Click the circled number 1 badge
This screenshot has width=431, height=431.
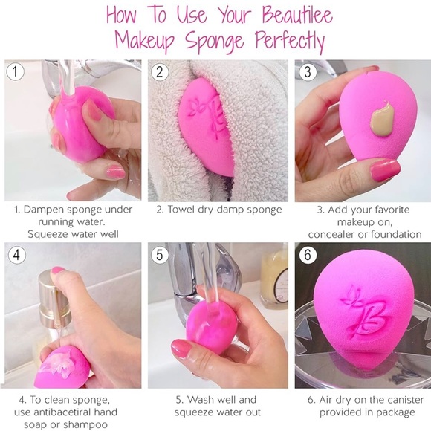click(x=15, y=71)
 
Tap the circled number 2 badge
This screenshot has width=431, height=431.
click(x=160, y=71)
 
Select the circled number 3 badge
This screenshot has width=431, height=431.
click(x=308, y=71)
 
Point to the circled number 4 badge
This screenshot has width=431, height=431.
click(x=16, y=255)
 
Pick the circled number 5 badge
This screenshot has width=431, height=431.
click(x=160, y=255)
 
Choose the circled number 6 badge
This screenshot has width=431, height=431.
click(x=308, y=255)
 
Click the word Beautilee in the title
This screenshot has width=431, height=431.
click(x=297, y=14)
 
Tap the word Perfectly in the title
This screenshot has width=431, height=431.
click(x=290, y=41)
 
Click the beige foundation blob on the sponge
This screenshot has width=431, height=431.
click(x=382, y=120)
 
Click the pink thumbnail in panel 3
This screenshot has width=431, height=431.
click(x=385, y=170)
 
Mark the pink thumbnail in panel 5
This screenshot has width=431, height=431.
click(x=182, y=348)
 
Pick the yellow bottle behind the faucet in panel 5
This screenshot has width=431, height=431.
click(x=274, y=278)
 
